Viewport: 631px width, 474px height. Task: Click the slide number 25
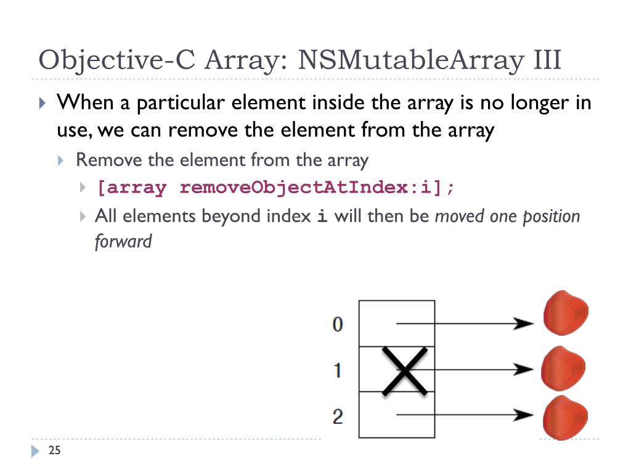[x=54, y=451]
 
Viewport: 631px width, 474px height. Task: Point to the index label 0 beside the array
[x=338, y=324]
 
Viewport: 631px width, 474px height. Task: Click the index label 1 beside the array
[x=338, y=370]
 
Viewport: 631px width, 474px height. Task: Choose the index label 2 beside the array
[x=338, y=417]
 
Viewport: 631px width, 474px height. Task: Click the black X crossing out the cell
[x=404, y=370]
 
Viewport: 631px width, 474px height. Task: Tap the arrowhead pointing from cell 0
[x=524, y=323]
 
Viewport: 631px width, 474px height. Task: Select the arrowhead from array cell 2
[x=524, y=415]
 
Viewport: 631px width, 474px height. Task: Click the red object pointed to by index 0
[x=565, y=313]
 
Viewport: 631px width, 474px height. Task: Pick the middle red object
[x=563, y=368]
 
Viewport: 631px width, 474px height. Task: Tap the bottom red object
[x=564, y=418]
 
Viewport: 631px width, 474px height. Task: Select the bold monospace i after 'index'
[x=321, y=217]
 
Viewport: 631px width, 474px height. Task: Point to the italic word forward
[x=123, y=241]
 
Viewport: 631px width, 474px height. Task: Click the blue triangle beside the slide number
[x=35, y=451]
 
